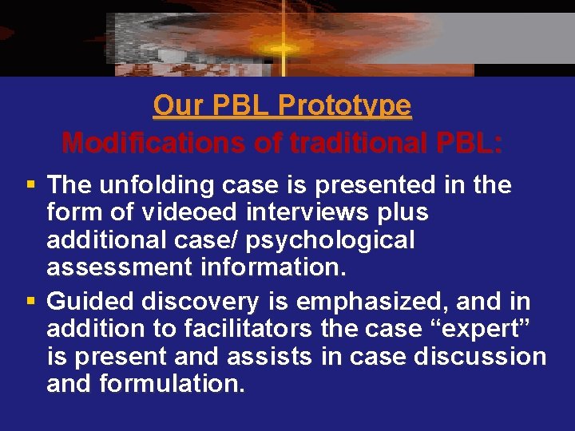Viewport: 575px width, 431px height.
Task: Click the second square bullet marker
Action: pyautogui.click(x=31, y=302)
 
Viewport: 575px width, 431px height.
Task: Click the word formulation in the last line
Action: pyautogui.click(x=171, y=384)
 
